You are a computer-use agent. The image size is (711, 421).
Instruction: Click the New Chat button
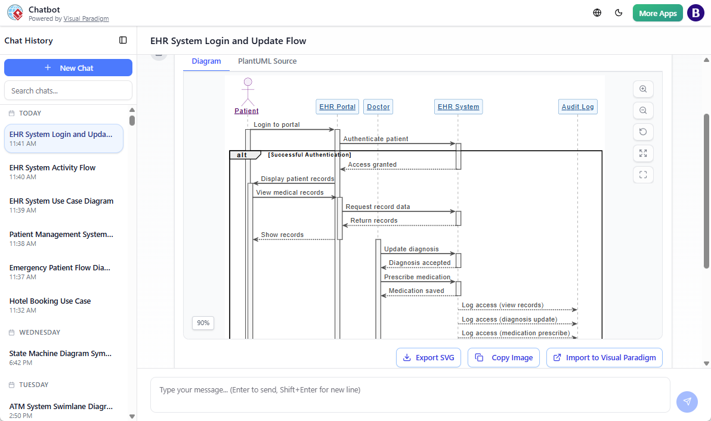(x=68, y=68)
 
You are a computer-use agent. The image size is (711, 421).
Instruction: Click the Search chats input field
(x=68, y=91)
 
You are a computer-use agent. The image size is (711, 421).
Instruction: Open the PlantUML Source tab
(x=267, y=61)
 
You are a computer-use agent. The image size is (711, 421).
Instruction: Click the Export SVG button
(x=428, y=358)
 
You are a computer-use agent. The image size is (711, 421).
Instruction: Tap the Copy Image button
(x=503, y=358)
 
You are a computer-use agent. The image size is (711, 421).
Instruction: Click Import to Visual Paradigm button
(x=604, y=358)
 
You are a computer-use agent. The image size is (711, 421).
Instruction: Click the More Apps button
(x=657, y=13)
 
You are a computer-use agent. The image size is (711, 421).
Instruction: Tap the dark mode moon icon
(x=619, y=13)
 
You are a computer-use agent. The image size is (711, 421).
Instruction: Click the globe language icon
(x=597, y=13)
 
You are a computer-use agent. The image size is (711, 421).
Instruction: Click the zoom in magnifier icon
(x=643, y=89)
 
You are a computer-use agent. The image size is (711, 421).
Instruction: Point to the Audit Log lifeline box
(x=577, y=107)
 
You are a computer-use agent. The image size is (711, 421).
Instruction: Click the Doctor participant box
(x=378, y=107)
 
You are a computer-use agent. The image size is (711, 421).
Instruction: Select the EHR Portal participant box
(x=337, y=107)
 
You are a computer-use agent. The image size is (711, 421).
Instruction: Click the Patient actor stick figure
(x=248, y=92)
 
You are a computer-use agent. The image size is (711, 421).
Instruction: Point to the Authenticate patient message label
(x=376, y=139)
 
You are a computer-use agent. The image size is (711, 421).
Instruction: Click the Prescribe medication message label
(x=417, y=277)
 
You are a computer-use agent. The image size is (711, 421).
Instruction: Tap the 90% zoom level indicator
(x=203, y=323)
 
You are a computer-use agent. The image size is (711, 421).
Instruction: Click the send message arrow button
(x=687, y=401)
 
